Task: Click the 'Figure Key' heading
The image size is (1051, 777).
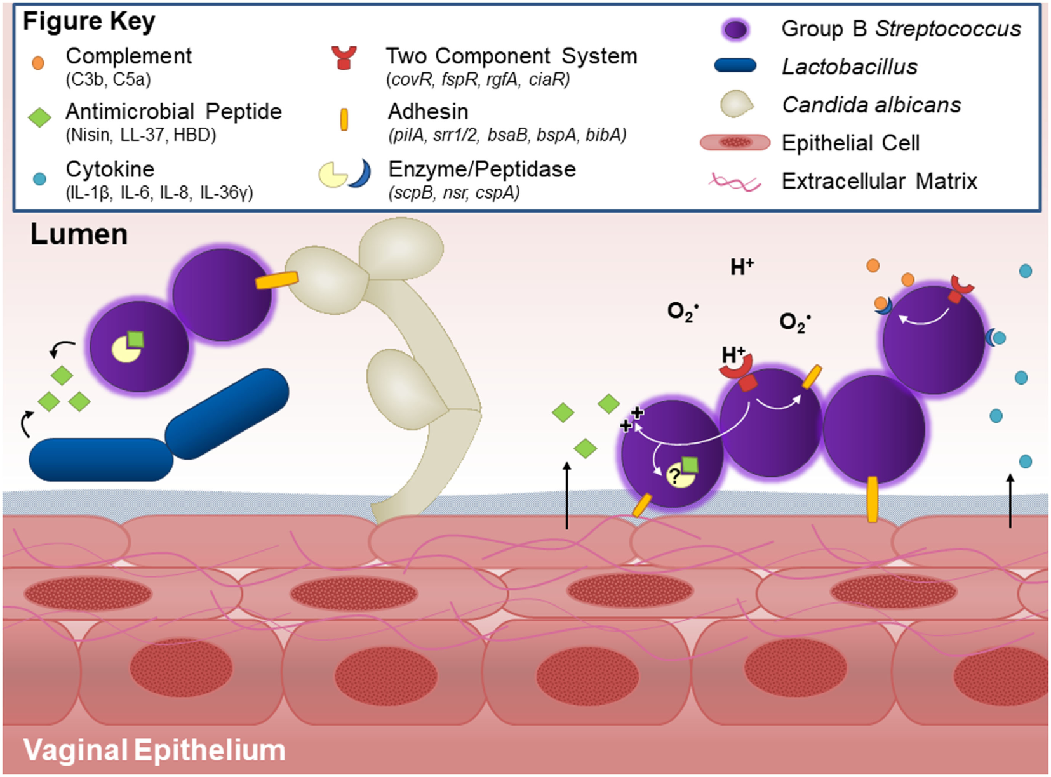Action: pos(89,22)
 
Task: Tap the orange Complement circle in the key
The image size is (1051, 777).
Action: pos(38,63)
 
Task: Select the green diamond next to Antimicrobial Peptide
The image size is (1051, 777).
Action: pos(40,117)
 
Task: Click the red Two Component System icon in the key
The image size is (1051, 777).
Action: pos(344,58)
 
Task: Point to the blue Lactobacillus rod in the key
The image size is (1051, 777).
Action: pos(735,65)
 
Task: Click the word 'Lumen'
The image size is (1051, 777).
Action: pos(79,235)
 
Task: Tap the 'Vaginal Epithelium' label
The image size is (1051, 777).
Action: pos(154,750)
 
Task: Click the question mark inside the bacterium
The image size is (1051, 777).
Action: pos(674,475)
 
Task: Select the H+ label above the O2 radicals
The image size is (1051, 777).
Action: pos(741,267)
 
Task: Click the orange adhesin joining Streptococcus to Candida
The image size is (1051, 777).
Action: pos(277,280)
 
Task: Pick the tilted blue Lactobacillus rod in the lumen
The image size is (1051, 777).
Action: pos(227,413)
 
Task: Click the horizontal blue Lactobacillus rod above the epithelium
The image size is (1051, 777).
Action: pos(101,459)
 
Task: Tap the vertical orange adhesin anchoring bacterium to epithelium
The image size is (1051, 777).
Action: pos(873,500)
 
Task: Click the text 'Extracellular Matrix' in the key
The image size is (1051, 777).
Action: pos(879,182)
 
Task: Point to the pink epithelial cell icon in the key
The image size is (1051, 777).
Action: pos(735,142)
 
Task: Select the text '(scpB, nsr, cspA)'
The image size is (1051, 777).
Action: pos(454,193)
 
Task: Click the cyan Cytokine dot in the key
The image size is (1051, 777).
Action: pos(39,179)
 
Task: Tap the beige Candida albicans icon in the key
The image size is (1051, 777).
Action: pos(736,104)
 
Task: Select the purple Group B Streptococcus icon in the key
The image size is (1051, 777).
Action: pos(735,29)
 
